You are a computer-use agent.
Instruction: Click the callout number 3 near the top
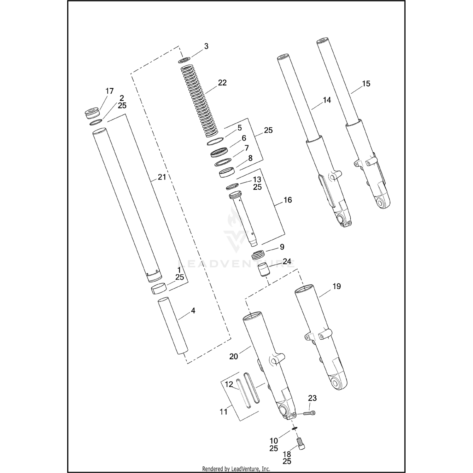(x=206, y=46)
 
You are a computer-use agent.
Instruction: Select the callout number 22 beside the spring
(x=222, y=83)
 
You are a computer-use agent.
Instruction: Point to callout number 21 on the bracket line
(x=162, y=177)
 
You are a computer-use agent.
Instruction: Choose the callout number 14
(x=327, y=100)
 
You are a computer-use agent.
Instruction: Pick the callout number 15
(x=366, y=84)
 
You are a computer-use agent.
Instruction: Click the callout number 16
(x=288, y=200)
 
